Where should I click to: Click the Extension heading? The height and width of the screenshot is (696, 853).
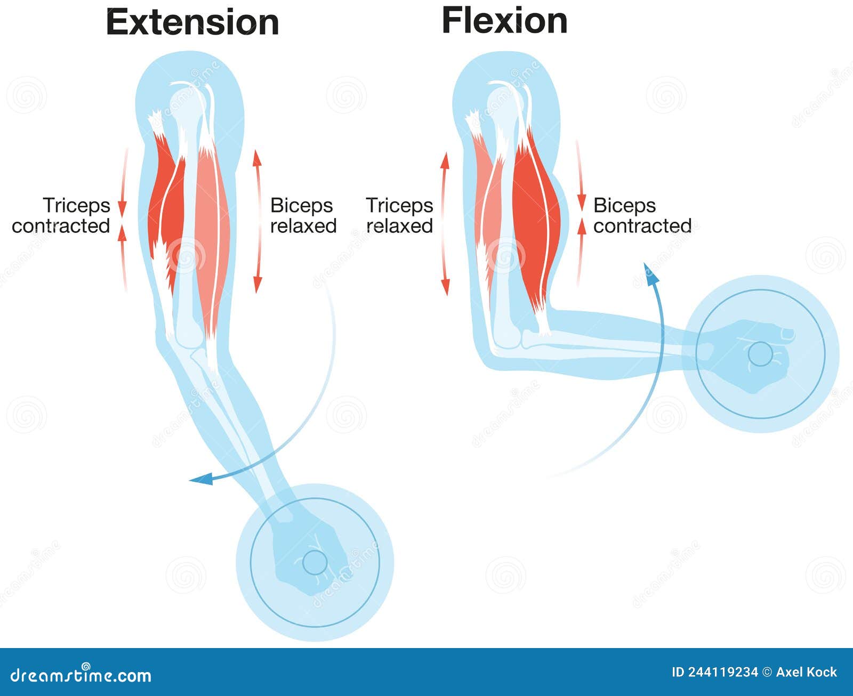pyautogui.click(x=192, y=22)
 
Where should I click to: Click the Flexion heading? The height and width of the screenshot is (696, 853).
pyautogui.click(x=504, y=21)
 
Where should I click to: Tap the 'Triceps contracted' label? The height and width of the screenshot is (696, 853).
pyautogui.click(x=61, y=215)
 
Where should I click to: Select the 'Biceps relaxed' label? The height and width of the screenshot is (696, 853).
pyautogui.click(x=303, y=215)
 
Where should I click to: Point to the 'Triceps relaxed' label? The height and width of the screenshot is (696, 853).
pyautogui.click(x=399, y=215)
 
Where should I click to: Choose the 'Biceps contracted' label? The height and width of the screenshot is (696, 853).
pyautogui.click(x=642, y=215)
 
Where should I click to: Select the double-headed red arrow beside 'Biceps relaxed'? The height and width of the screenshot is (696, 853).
pyautogui.click(x=257, y=221)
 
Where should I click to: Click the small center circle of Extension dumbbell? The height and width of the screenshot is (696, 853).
pyautogui.click(x=315, y=562)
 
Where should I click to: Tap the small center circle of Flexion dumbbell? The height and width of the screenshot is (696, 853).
pyautogui.click(x=760, y=353)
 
